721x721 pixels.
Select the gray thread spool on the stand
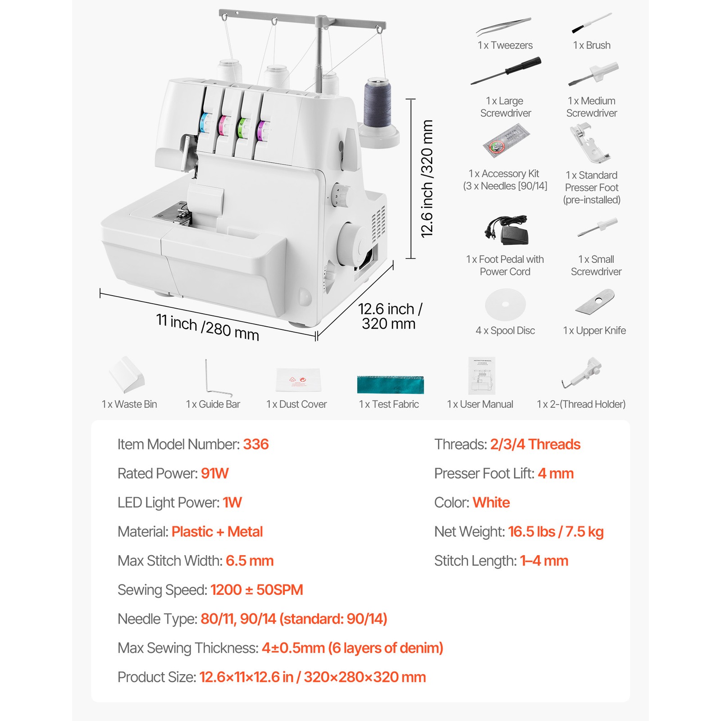(x=377, y=103)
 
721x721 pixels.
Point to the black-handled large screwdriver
(x=506, y=71)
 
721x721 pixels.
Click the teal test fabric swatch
(x=390, y=384)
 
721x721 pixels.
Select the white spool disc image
(x=505, y=305)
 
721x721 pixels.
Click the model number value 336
(x=256, y=444)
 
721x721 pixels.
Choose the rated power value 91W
(x=214, y=474)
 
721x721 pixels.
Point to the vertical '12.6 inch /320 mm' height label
(x=427, y=178)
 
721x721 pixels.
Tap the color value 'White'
(x=491, y=502)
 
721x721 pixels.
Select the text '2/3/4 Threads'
(x=535, y=444)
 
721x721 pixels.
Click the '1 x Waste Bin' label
(x=129, y=404)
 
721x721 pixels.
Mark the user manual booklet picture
(x=482, y=376)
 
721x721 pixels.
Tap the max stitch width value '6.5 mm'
(x=250, y=561)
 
